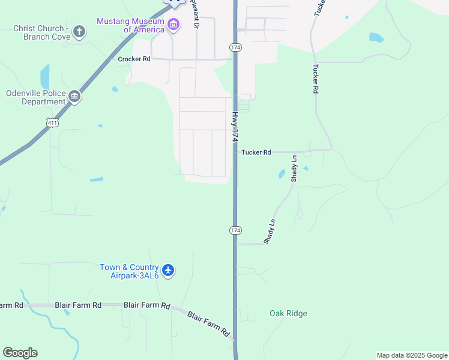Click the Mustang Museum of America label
pos(130,25)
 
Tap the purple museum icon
pos(174,25)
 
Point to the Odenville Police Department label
pos(35,97)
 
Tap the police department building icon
pos(74,96)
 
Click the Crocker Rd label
pos(134,59)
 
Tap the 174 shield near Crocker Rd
pos(235,47)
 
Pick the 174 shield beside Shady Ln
pos(235,230)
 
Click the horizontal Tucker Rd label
pos(256,152)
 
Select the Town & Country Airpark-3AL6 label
pos(129,271)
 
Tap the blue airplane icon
pos(168,271)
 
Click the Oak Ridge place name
pos(288,313)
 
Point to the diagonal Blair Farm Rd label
pos(208,323)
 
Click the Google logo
pos(20,353)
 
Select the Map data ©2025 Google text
pos(412,355)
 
